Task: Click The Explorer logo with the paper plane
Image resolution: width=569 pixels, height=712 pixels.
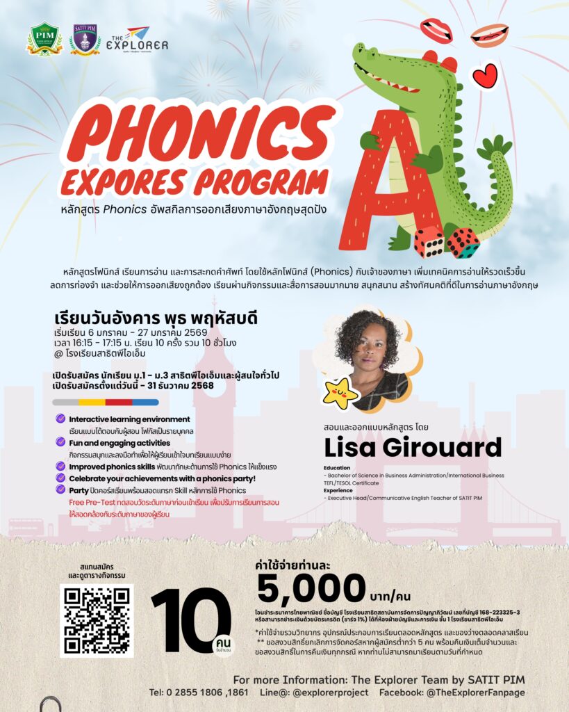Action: click(x=137, y=40)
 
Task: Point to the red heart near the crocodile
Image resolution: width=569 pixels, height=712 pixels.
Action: click(x=485, y=76)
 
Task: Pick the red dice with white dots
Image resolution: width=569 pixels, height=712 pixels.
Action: click(x=429, y=241)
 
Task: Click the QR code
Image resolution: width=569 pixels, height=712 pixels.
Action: click(x=96, y=620)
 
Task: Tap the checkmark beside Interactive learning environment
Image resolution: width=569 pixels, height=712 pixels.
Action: click(x=61, y=419)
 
